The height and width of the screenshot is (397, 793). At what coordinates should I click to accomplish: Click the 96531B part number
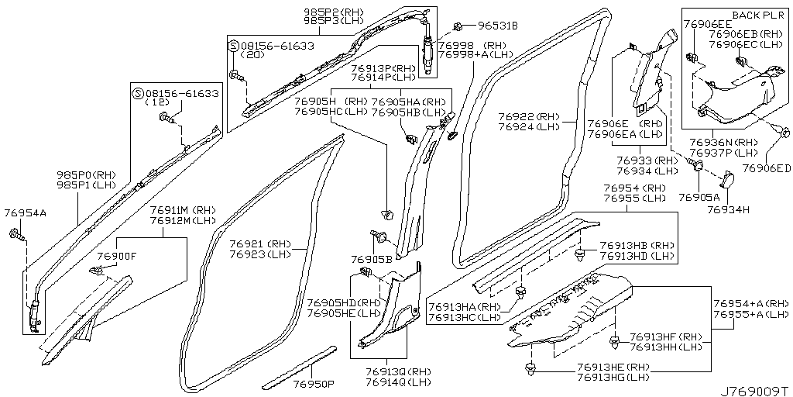click(496, 25)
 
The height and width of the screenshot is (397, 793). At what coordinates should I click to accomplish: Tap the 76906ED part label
click(766, 168)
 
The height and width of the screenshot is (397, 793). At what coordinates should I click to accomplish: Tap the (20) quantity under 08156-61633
click(252, 57)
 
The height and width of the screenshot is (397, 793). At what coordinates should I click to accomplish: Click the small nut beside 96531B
click(458, 25)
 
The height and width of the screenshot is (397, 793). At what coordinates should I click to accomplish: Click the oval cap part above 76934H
click(727, 181)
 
